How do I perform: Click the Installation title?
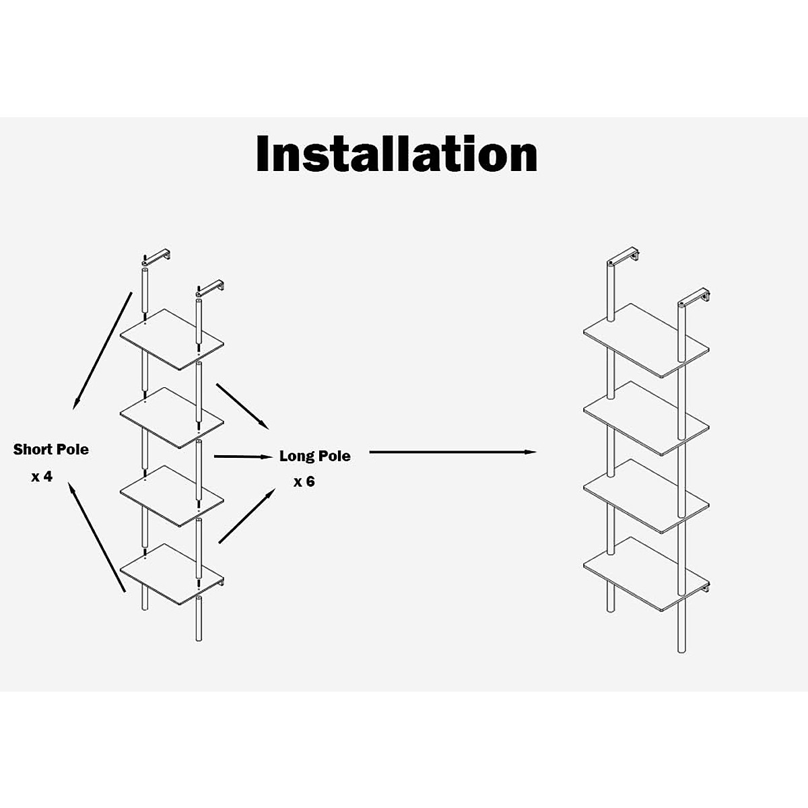pyautogui.click(x=397, y=155)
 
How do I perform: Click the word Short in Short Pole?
pyautogui.click(x=32, y=449)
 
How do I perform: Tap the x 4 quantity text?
pyautogui.click(x=42, y=477)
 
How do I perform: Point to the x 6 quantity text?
pyautogui.click(x=304, y=482)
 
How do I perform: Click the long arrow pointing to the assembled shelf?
pyautogui.click(x=452, y=452)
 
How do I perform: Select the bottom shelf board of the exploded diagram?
pyautogui.click(x=172, y=573)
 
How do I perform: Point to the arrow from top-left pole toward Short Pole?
pyautogui.click(x=102, y=350)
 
